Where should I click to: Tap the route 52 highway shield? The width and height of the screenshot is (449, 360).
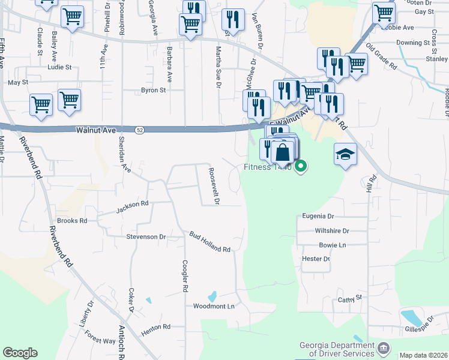point(140,129)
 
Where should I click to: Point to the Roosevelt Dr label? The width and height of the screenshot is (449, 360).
point(213,185)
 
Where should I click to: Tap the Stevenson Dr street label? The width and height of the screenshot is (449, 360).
point(146,237)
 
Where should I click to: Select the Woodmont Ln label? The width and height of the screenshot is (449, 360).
point(213,306)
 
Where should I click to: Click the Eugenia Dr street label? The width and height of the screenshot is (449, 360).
point(318,216)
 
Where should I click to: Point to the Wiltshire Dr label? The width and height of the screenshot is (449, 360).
point(331,230)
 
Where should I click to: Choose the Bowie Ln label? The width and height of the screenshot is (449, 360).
point(333,245)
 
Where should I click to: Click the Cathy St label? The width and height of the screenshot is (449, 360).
point(351,298)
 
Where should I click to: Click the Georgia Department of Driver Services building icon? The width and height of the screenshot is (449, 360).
point(384,347)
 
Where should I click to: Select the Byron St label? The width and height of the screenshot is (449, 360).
point(153,91)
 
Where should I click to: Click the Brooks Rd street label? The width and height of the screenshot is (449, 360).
point(72,221)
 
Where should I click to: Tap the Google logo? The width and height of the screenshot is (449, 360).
point(20,353)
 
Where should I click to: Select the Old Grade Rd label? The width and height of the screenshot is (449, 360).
point(382,56)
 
